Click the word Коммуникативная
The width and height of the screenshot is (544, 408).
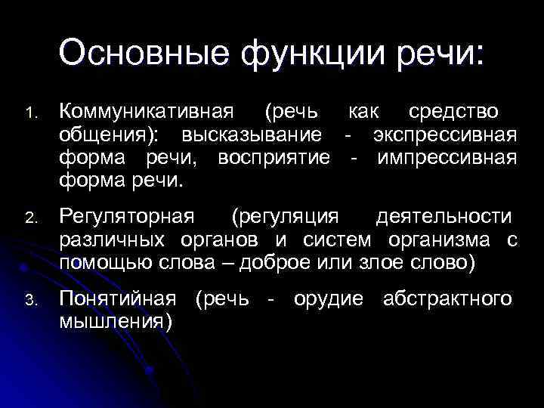coord(147,112)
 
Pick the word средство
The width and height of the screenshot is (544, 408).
coord(453,112)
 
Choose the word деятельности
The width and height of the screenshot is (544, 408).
coord(443,218)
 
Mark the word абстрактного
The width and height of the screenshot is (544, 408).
coord(447,299)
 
